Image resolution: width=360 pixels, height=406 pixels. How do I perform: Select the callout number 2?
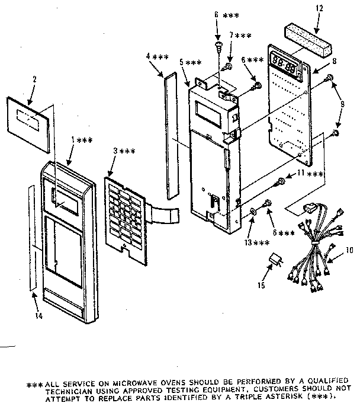point(34,79)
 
